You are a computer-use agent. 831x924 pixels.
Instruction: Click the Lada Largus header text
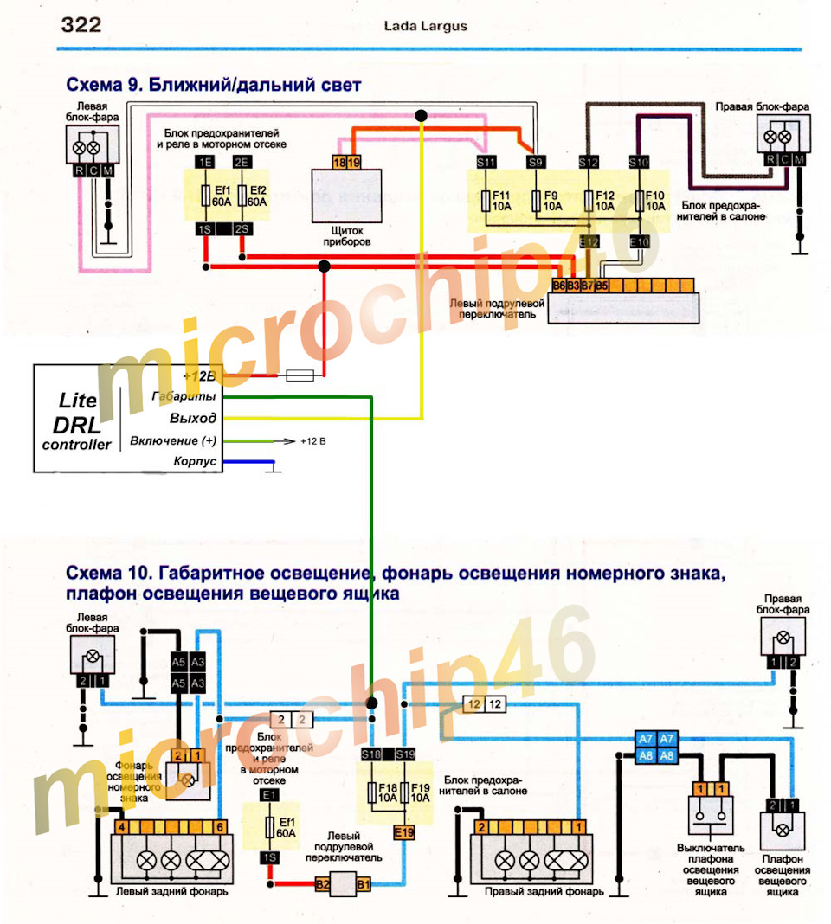425,26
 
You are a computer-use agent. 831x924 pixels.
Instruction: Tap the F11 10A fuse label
500,201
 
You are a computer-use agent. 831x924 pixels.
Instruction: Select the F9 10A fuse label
551,201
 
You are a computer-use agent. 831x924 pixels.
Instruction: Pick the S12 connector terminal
589,162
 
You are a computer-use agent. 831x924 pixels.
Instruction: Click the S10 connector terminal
638,162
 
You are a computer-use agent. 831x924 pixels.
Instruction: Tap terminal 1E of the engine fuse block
204,163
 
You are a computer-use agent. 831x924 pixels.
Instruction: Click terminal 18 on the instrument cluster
340,163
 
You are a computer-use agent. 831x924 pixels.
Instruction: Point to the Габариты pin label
183,396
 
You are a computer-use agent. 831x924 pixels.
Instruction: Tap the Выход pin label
193,418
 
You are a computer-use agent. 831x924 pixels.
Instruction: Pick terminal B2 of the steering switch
322,884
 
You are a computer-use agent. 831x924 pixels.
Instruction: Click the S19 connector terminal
404,754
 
